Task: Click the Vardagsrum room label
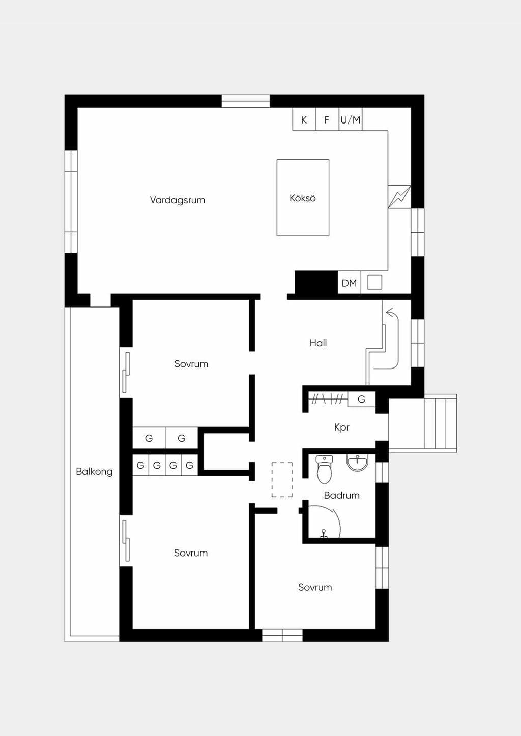point(177,200)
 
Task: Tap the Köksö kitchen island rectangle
point(303,198)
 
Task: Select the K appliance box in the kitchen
point(304,119)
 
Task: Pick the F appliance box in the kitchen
point(327,119)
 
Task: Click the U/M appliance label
point(351,120)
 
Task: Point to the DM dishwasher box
point(350,283)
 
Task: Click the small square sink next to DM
point(374,283)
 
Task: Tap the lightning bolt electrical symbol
point(399,197)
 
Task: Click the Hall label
point(318,343)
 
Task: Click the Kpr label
point(341,427)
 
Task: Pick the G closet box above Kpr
point(361,399)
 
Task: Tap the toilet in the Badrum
point(324,470)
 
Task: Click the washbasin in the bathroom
point(357,463)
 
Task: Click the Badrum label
point(341,495)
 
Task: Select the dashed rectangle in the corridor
point(282,480)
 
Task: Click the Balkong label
point(94,472)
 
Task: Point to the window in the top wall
point(246,101)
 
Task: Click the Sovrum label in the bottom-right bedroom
point(315,587)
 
